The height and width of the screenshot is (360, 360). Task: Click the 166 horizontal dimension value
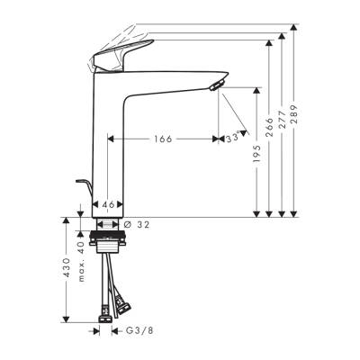[163, 139]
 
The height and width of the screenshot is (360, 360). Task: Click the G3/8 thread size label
[139, 331]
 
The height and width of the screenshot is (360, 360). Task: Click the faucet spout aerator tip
[217, 85]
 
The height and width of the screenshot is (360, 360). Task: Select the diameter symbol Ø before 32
[128, 224]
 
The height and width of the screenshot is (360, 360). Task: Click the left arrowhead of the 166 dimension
[112, 139]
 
